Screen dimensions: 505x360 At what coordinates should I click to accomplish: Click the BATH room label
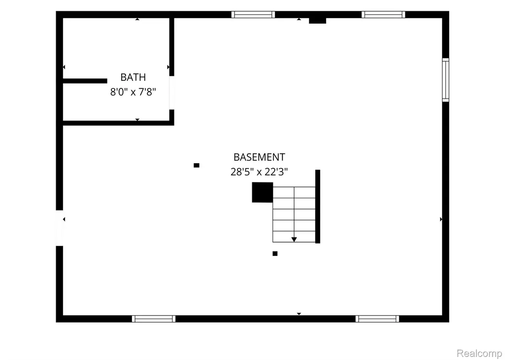[x=133, y=77]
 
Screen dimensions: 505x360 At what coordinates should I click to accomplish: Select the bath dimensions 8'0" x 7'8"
[x=133, y=92]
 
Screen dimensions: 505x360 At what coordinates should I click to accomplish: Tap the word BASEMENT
[x=259, y=157]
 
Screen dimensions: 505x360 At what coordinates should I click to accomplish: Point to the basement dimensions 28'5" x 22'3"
[x=259, y=172]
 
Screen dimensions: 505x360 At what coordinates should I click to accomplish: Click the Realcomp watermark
[x=479, y=353]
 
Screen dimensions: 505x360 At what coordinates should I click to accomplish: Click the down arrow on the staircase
[x=294, y=240]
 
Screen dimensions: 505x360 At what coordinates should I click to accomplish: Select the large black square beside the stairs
[x=263, y=192]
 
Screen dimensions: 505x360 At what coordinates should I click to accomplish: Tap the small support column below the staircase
[x=275, y=253]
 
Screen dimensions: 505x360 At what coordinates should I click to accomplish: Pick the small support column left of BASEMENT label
[x=197, y=165]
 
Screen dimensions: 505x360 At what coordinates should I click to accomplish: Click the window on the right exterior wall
[x=445, y=80]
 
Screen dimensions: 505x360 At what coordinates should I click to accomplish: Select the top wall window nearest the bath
[x=253, y=14]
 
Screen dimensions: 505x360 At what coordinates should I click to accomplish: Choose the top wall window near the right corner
[x=383, y=14]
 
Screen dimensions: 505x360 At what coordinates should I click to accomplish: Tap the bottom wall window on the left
[x=154, y=319]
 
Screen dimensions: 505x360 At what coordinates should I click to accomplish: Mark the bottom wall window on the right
[x=377, y=319]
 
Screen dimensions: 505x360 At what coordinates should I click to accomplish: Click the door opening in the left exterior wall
[x=60, y=228]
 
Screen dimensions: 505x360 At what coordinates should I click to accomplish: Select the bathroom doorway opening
[x=172, y=93]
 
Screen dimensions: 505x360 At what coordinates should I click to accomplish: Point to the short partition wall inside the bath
[x=85, y=81]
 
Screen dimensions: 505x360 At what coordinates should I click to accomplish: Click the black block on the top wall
[x=318, y=21]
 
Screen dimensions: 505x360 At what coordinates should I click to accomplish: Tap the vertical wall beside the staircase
[x=318, y=206]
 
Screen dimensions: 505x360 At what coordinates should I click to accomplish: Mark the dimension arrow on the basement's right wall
[x=441, y=219]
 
